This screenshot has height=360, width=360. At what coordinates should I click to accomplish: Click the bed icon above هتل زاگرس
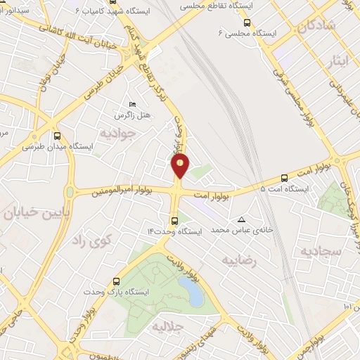click(131, 104)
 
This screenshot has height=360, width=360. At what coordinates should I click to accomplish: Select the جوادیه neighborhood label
click(116, 132)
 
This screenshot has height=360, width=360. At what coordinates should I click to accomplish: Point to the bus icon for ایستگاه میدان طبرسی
click(56, 136)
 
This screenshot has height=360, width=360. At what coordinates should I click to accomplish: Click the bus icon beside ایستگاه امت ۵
click(285, 178)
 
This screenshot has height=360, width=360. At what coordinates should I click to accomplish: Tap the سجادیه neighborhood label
click(321, 250)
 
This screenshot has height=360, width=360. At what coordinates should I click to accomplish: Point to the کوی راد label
click(92, 241)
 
